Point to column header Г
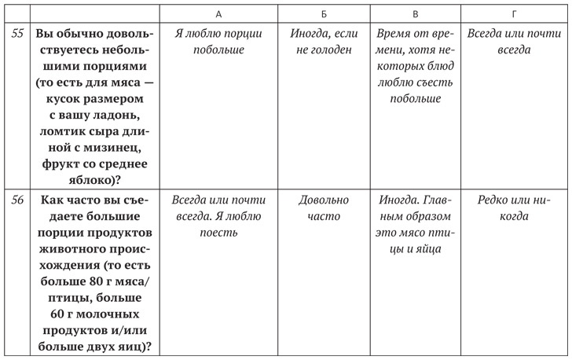click(x=515, y=13)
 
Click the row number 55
click(x=17, y=35)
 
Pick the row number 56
click(x=17, y=200)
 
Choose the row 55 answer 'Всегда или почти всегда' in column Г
click(x=515, y=42)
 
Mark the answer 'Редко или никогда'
click(x=515, y=208)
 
